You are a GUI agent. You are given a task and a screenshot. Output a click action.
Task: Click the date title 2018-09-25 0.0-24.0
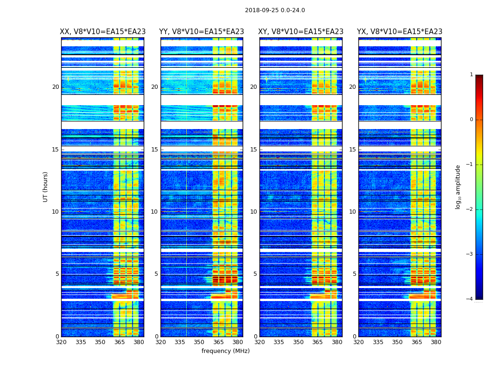tap(275, 10)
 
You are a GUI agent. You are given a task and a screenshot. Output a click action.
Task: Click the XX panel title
tap(103, 32)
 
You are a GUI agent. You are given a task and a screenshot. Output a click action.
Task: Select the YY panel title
tap(202, 32)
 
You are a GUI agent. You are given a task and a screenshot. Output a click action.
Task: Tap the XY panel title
tap(301, 32)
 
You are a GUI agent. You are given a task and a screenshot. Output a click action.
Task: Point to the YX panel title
tap(400, 32)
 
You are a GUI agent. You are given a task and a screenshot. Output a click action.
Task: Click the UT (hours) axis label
tap(46, 187)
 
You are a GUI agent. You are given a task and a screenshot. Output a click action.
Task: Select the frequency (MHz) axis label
tap(225, 351)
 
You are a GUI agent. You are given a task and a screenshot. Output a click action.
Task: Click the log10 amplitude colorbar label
tap(458, 187)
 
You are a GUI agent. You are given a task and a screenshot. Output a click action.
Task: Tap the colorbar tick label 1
tap(471, 75)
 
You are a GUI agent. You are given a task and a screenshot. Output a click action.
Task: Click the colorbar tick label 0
tap(471, 120)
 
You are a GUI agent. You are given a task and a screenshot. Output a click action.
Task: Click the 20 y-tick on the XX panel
tap(56, 87)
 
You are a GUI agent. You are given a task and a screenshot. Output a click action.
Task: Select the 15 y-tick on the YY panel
tap(154, 150)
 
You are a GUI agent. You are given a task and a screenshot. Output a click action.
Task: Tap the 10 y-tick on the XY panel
tap(253, 212)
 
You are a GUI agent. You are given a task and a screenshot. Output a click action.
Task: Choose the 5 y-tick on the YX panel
tap(354, 274)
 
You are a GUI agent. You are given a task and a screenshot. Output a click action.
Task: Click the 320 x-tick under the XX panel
tap(61, 342)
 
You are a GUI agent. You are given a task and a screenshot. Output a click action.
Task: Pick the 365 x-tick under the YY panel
tap(218, 342)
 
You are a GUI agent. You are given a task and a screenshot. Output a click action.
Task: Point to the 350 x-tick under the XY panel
tap(298, 342)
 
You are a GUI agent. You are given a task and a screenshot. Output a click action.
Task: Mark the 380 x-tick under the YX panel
tap(436, 342)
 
